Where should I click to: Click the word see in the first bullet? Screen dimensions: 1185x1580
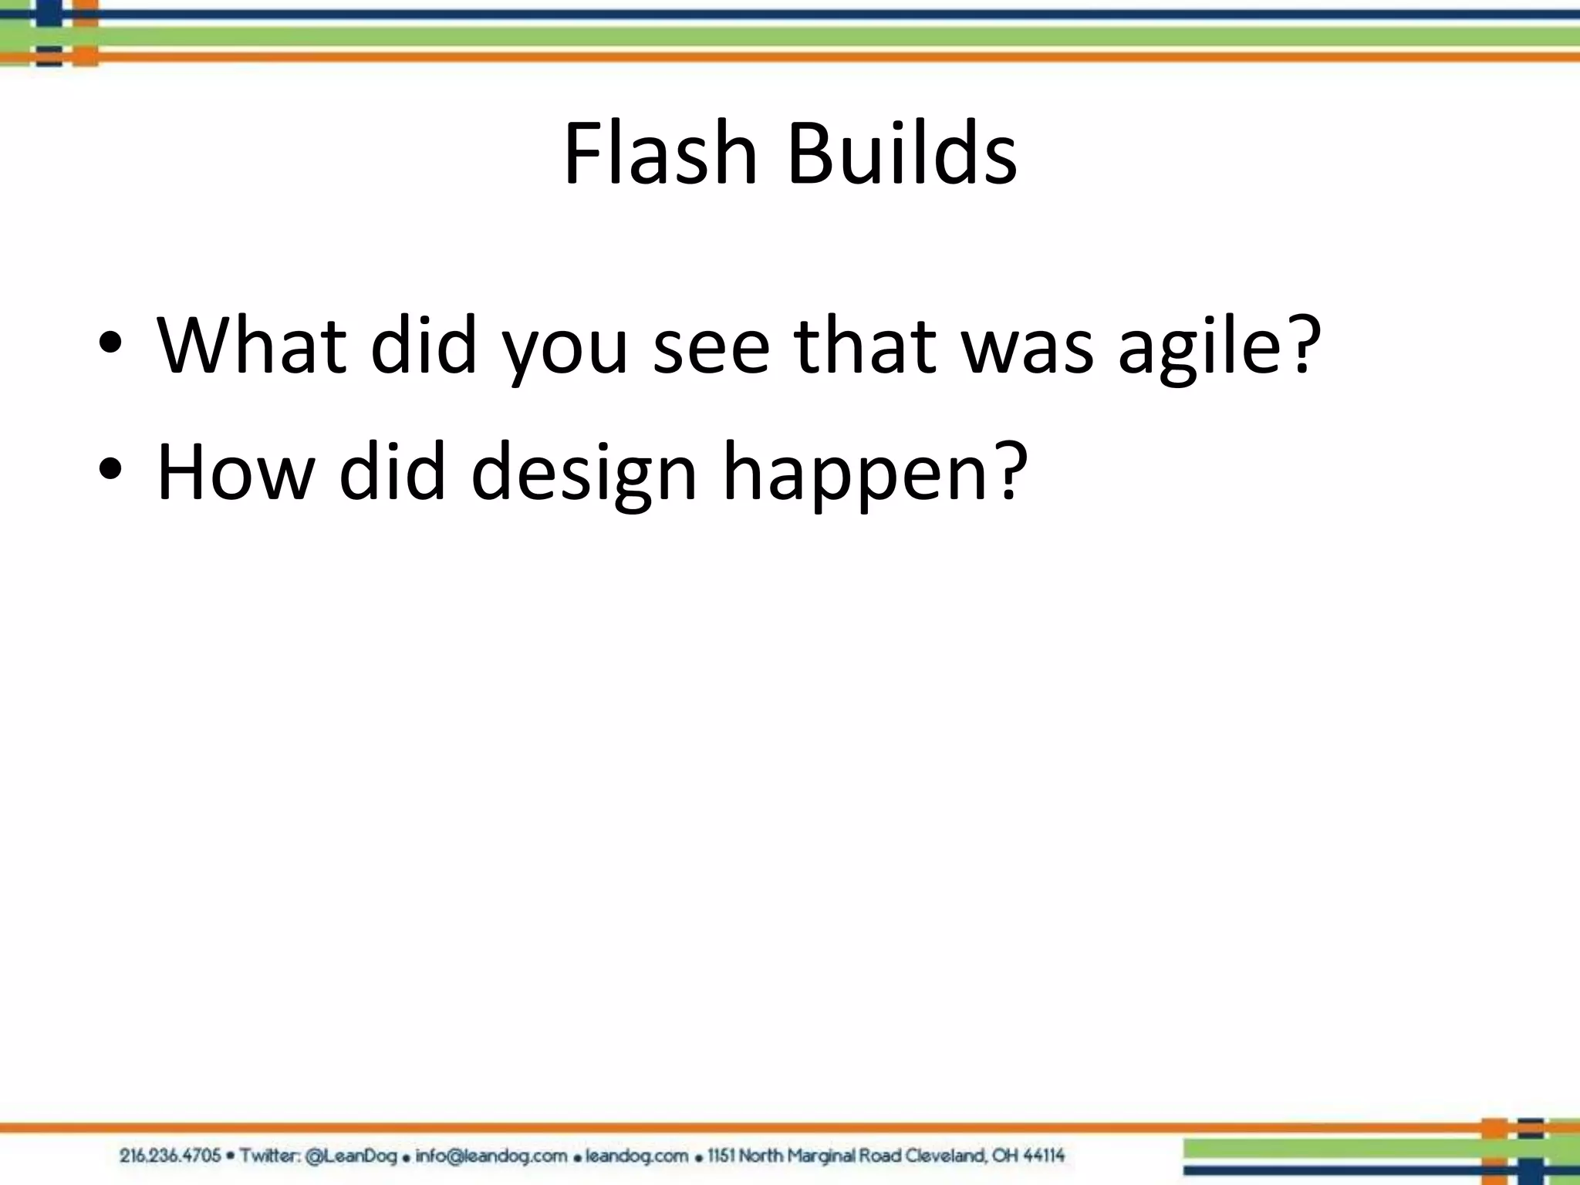pyautogui.click(x=711, y=347)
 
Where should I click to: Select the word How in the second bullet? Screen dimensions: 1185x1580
pyautogui.click(x=236, y=472)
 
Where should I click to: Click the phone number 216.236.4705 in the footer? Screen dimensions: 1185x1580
pyautogui.click(x=170, y=1156)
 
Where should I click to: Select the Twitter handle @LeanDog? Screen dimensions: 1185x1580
pyautogui.click(x=351, y=1156)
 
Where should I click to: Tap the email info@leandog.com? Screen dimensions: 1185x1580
pyautogui.click(x=491, y=1156)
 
